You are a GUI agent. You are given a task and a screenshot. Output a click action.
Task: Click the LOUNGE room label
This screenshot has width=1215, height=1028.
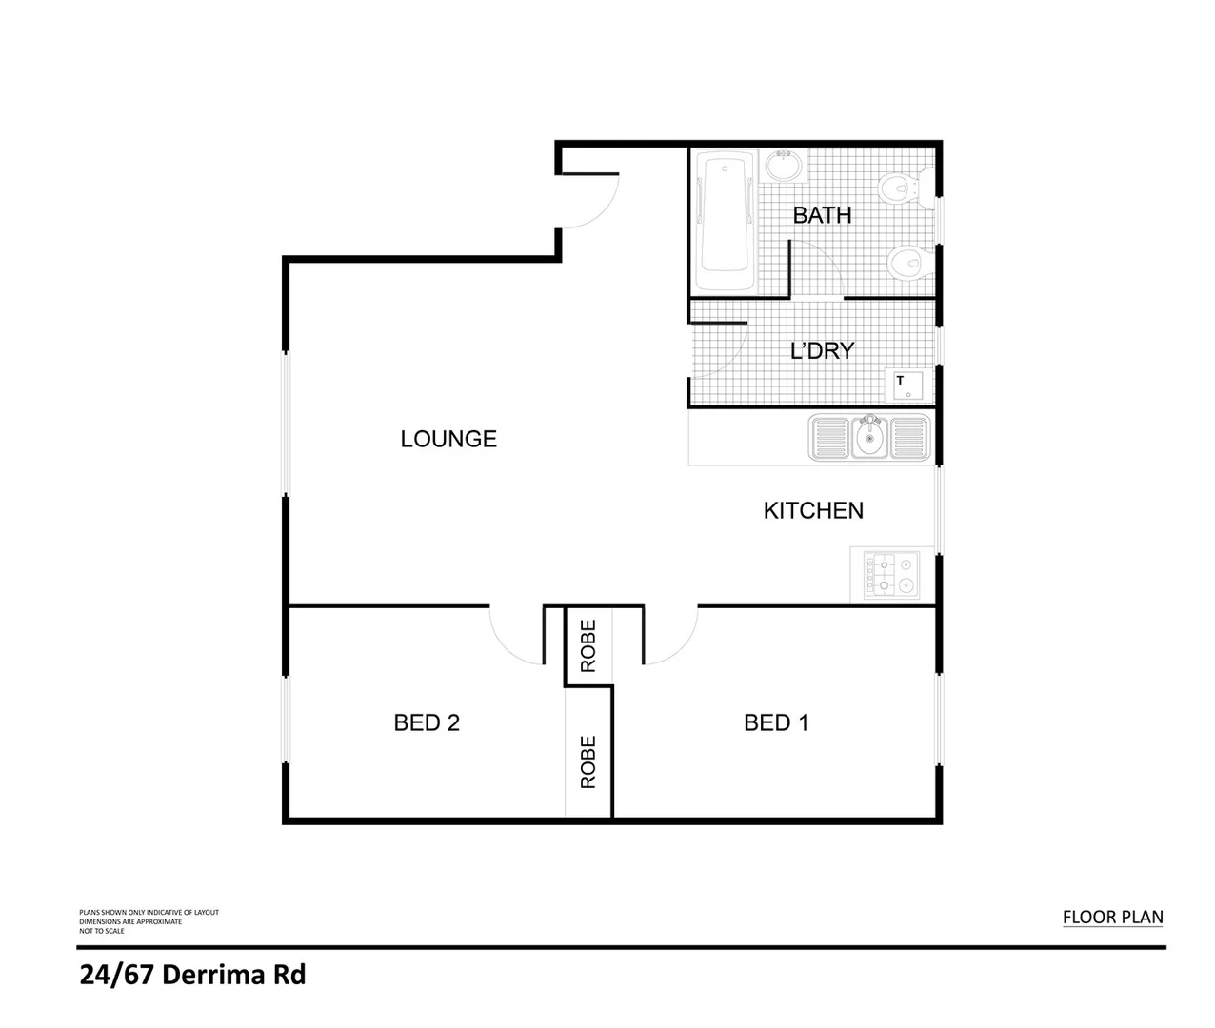point(448,439)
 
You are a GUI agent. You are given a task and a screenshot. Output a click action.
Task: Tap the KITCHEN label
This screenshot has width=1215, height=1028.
point(813,510)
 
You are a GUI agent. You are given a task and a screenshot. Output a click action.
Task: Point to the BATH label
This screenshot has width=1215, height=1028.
point(822,215)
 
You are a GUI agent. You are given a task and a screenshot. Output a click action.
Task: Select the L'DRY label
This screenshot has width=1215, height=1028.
point(822,350)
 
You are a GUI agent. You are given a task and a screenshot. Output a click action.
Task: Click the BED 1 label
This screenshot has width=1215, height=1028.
point(775,723)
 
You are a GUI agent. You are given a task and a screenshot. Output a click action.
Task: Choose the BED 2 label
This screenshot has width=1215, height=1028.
point(427,723)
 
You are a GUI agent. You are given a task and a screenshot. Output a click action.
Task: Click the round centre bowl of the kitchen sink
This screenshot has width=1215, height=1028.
point(868,439)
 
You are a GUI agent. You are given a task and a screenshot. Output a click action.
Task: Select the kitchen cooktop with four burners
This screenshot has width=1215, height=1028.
point(891,574)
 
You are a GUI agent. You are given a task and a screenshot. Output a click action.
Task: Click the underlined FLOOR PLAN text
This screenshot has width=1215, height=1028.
point(1112,918)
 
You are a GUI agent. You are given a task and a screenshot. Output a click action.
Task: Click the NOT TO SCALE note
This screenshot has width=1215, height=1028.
point(102,931)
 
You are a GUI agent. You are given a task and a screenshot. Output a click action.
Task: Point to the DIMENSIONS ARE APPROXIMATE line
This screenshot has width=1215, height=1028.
point(130,921)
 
